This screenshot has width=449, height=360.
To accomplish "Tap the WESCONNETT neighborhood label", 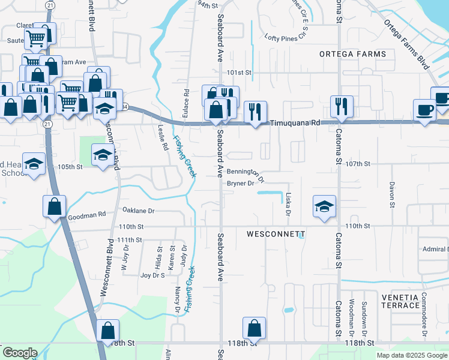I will (276, 233).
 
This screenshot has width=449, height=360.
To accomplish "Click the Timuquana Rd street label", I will (295, 122).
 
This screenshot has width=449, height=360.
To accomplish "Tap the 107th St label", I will (359, 163).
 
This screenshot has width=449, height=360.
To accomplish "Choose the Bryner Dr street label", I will (241, 184).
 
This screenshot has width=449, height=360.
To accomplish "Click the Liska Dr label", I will (288, 205).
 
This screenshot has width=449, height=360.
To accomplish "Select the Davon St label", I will (391, 195).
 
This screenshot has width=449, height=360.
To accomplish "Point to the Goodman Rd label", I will (88, 214).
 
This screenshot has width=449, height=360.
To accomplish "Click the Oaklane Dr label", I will (139, 211).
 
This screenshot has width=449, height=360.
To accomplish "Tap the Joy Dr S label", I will (152, 275).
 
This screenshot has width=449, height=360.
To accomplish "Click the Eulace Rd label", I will (187, 101).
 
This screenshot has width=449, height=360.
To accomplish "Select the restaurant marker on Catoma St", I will (342, 106).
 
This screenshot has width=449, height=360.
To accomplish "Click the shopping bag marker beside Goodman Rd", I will (55, 206).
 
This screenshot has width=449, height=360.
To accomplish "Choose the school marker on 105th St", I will (103, 155).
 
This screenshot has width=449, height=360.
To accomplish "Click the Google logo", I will (20, 353).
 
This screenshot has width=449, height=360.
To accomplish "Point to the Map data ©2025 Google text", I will (411, 355).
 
